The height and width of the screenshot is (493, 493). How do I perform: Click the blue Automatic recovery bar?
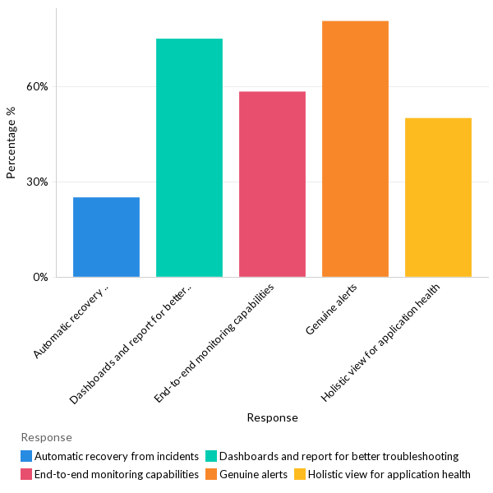pyautogui.click(x=106, y=237)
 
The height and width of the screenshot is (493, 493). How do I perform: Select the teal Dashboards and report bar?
pyautogui.click(x=189, y=158)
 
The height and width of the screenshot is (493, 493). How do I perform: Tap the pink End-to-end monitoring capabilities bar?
pyautogui.click(x=272, y=184)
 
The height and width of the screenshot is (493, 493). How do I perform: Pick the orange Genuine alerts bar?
pyautogui.click(x=355, y=149)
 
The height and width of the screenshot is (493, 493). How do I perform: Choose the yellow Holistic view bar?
pyautogui.click(x=438, y=197)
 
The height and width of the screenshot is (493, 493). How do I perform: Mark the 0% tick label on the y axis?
pyautogui.click(x=41, y=277)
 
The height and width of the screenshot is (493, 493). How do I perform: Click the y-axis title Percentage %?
pyautogui.click(x=12, y=149)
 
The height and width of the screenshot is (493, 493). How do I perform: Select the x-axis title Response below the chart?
pyautogui.click(x=272, y=417)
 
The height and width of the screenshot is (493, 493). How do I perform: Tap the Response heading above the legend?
pyautogui.click(x=46, y=437)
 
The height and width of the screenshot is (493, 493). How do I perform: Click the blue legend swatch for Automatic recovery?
pyautogui.click(x=27, y=456)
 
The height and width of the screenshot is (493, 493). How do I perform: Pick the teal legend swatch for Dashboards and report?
pyautogui.click(x=211, y=456)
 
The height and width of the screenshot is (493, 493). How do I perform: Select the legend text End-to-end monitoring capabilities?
pyautogui.click(x=117, y=474)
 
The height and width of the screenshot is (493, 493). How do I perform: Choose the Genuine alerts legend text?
pyautogui.click(x=253, y=474)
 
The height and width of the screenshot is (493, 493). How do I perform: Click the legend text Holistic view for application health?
pyautogui.click(x=389, y=474)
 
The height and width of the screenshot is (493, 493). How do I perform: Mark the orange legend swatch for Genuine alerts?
pyautogui.click(x=211, y=474)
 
